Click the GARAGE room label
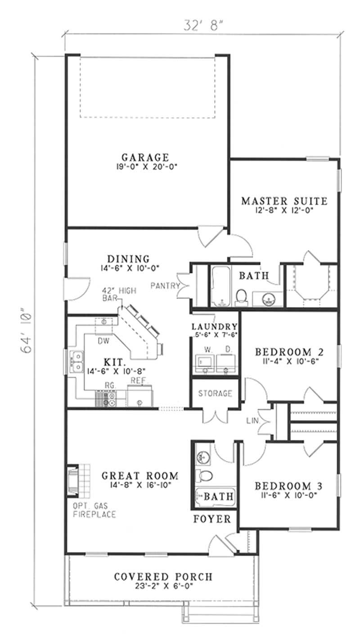(145, 158)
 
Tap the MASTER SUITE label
(284, 201)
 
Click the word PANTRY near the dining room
(165, 285)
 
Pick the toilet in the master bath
(242, 296)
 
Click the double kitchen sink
(78, 362)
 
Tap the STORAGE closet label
(216, 394)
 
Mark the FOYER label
(212, 519)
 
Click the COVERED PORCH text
(163, 577)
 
